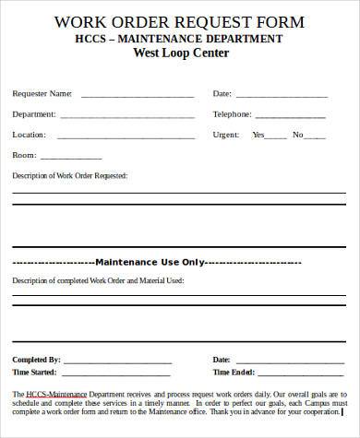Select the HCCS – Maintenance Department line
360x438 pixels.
[180, 38]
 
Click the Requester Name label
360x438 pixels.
[42, 93]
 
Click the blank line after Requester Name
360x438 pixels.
[138, 95]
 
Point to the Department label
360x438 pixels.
[34, 113]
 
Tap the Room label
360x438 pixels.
[24, 155]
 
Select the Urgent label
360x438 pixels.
[226, 134]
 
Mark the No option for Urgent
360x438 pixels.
[303, 135]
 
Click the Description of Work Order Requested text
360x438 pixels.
[69, 175]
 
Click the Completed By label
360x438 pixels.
[36, 359]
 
